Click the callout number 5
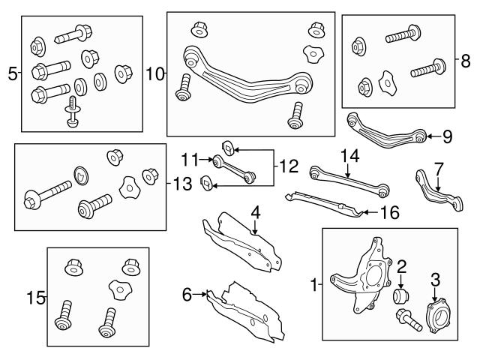12,73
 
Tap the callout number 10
154,73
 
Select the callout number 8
466,58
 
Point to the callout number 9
447,136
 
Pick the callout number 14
349,156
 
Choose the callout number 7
439,169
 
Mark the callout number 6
187,295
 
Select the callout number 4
256,213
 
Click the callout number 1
313,284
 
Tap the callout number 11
190,158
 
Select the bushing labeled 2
402,295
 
